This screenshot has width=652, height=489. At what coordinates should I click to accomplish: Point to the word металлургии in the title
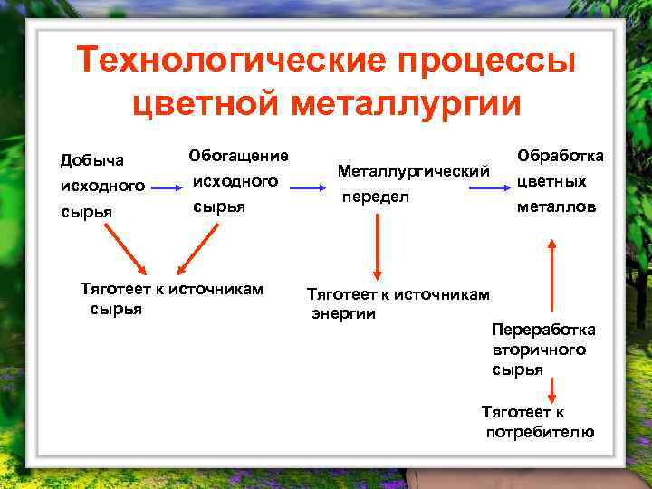click(x=407, y=102)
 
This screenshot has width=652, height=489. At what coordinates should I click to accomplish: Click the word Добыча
click(x=91, y=160)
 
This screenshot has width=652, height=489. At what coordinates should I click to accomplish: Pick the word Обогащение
click(x=238, y=156)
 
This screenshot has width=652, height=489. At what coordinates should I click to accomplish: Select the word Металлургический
click(x=413, y=170)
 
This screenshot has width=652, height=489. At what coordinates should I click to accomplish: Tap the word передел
click(x=375, y=196)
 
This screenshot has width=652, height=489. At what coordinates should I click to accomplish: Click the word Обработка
click(x=560, y=156)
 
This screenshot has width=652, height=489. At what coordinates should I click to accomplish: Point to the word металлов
click(x=556, y=206)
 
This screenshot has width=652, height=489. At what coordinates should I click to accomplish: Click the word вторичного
click(x=539, y=350)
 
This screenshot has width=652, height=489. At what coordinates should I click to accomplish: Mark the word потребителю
click(x=540, y=432)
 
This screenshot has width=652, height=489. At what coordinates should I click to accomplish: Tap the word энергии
click(x=343, y=314)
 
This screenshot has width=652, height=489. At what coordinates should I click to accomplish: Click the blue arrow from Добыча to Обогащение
click(x=165, y=187)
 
